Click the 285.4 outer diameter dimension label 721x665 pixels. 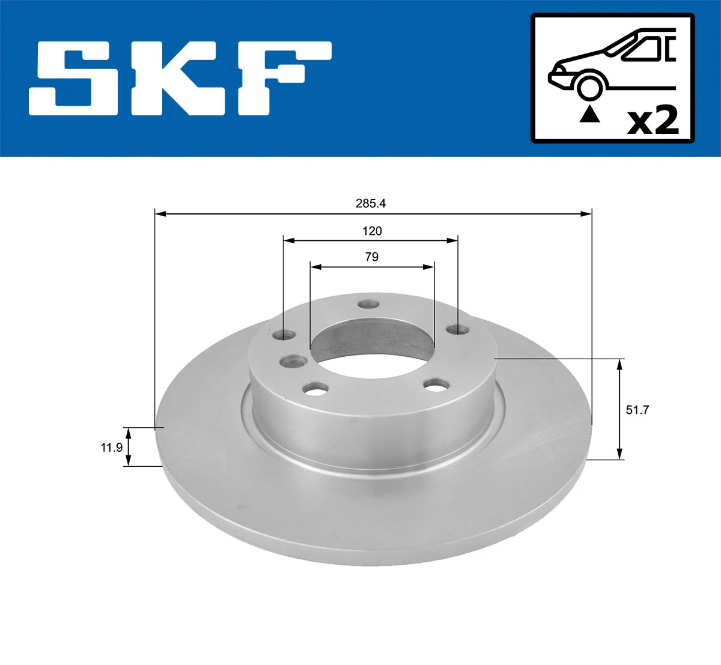pyautogui.click(x=371, y=203)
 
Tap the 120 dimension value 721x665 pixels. pyautogui.click(x=372, y=231)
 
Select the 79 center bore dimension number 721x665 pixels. pyautogui.click(x=372, y=257)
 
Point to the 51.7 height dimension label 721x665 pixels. pyautogui.click(x=637, y=410)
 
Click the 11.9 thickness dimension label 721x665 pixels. pyautogui.click(x=111, y=448)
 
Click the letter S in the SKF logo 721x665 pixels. pyautogui.click(x=74, y=79)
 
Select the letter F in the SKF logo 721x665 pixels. pyautogui.click(x=285, y=79)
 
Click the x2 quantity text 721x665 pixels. pyautogui.click(x=653, y=121)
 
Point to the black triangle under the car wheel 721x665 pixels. pyautogui.click(x=589, y=114)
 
